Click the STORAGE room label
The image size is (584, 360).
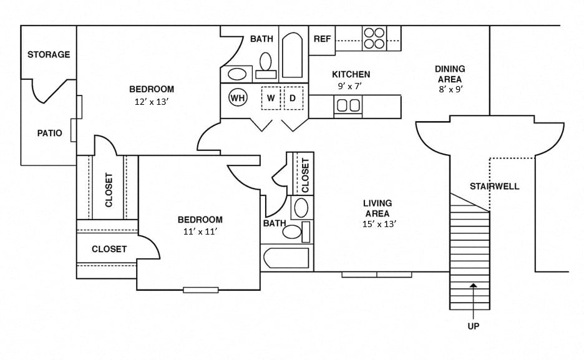click(x=49, y=55)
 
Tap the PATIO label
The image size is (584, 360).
click(x=49, y=133)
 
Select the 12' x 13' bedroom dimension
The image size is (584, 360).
click(x=152, y=101)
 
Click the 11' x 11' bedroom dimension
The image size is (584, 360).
click(x=200, y=231)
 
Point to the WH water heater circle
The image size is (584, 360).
click(x=237, y=98)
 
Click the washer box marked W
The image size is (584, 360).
click(x=271, y=98)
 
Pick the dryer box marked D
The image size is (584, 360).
click(x=292, y=98)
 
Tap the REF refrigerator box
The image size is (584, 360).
click(x=322, y=39)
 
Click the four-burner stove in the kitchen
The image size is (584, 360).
click(x=374, y=38)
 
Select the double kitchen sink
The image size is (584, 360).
click(x=349, y=106)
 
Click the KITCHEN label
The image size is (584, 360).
click(x=351, y=74)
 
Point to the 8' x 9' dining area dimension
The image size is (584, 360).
click(x=449, y=89)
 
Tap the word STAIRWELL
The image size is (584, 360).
click(x=494, y=186)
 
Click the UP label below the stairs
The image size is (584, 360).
click(x=473, y=326)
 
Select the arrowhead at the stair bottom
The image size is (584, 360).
click(x=473, y=286)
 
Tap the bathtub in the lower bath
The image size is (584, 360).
click(x=286, y=258)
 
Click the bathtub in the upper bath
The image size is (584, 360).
click(x=292, y=55)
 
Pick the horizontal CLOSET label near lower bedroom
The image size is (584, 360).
click(x=109, y=249)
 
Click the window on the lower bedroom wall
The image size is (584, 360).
click(x=200, y=289)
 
